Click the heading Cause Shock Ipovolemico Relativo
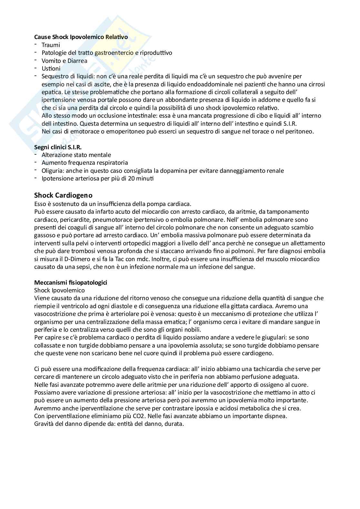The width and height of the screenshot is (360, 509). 81,37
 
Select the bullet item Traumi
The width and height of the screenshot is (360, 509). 51,45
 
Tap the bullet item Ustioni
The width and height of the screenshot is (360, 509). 51,68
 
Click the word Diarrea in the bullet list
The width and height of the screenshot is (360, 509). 77,61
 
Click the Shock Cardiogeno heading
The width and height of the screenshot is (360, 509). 63,195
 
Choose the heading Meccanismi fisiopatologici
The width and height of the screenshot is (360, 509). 71,282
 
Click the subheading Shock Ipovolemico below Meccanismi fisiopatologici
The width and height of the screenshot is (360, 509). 59,290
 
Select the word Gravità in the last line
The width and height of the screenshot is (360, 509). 44,424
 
